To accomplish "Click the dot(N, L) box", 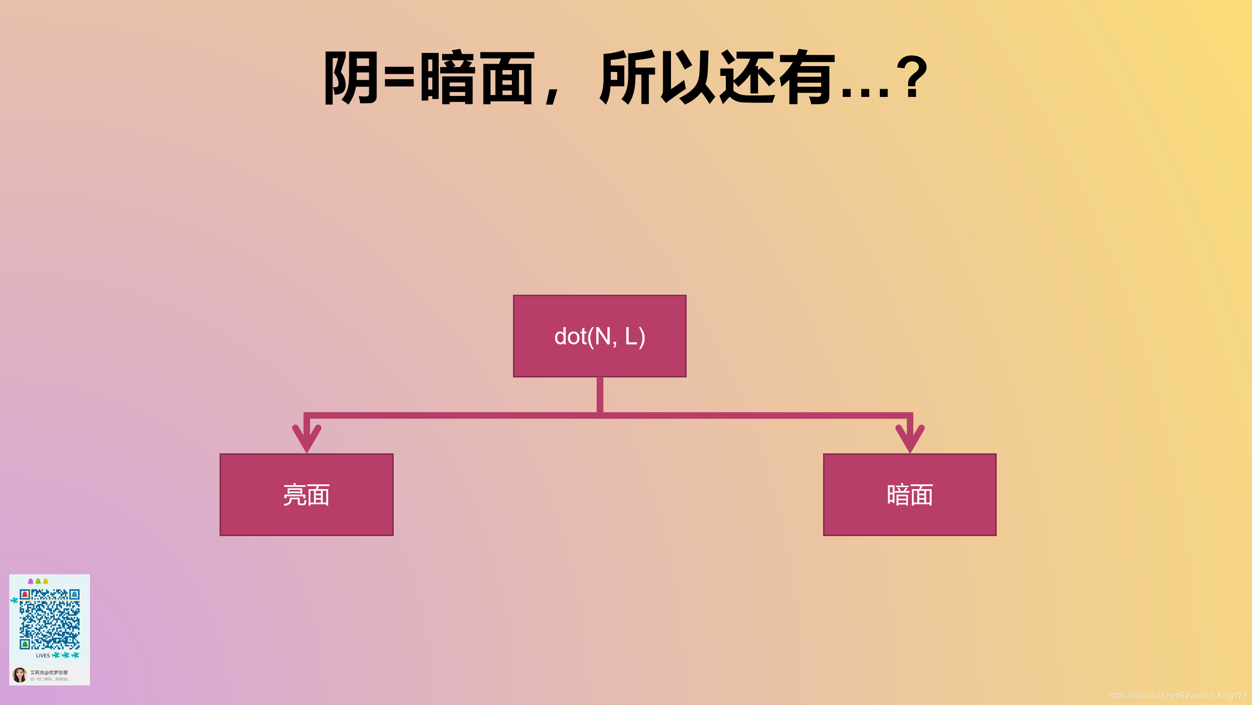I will pyautogui.click(x=599, y=336).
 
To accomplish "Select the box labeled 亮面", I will pyautogui.click(x=306, y=494).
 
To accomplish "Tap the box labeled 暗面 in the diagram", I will pyautogui.click(x=909, y=494).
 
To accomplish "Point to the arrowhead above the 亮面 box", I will pyautogui.click(x=307, y=438).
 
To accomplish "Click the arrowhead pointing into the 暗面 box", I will pyautogui.click(x=910, y=438).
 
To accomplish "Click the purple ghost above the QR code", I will pyautogui.click(x=31, y=581).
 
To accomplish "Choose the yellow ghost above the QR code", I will pyautogui.click(x=45, y=581).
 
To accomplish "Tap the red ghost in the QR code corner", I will pyautogui.click(x=25, y=594).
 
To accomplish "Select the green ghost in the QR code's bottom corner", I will pyautogui.click(x=25, y=644).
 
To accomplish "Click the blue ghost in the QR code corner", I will pyautogui.click(x=74, y=594).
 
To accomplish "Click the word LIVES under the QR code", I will pyautogui.click(x=43, y=656).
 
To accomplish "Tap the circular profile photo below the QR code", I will pyautogui.click(x=20, y=675).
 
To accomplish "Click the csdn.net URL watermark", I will pyautogui.click(x=1177, y=696).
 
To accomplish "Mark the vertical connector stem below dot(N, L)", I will pyautogui.click(x=600, y=395).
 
